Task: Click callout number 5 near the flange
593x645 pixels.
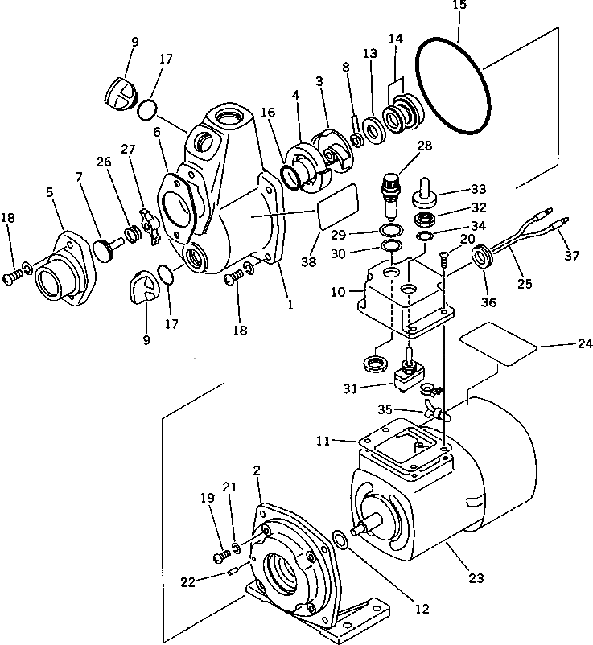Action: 50,192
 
